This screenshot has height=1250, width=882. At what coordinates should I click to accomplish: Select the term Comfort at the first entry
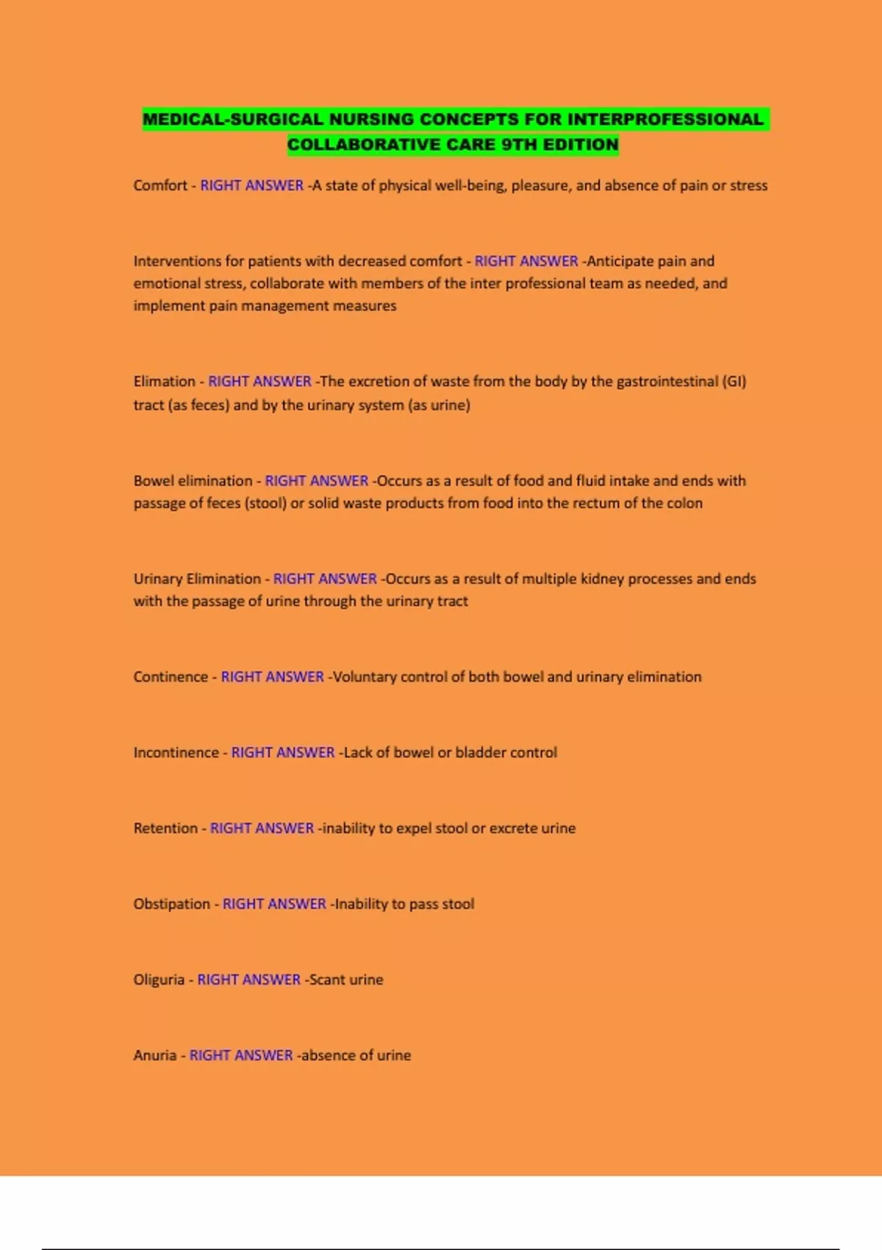click(160, 185)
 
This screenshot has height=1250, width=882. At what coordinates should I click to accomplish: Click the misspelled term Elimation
click(165, 382)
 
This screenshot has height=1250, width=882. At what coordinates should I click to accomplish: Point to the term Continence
click(171, 676)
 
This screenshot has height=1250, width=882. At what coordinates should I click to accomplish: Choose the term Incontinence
click(176, 752)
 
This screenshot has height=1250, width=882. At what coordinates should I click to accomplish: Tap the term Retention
click(165, 828)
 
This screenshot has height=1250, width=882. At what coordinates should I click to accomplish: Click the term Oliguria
click(159, 979)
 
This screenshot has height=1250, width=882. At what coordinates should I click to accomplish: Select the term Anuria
click(155, 1055)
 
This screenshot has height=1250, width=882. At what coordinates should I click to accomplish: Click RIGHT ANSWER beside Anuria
click(241, 1055)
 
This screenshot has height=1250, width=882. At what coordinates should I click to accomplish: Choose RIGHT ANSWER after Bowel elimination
click(316, 481)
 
